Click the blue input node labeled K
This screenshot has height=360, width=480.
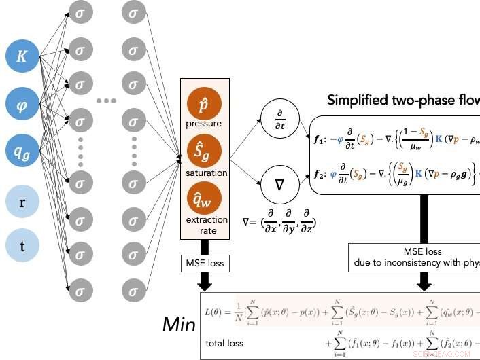tap(22, 57)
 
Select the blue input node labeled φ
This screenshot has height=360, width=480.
tap(22, 105)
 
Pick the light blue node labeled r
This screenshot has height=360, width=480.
tap(22, 202)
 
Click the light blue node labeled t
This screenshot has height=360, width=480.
tap(22, 247)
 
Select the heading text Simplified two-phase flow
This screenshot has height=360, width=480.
tap(402, 100)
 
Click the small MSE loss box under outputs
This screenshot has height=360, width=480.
tap(204, 263)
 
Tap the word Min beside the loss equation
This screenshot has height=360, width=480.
tap(179, 325)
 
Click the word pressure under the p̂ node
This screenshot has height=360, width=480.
tap(204, 124)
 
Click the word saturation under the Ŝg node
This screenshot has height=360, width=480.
tap(204, 173)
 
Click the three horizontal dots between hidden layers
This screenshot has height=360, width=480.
tap(107, 101)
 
